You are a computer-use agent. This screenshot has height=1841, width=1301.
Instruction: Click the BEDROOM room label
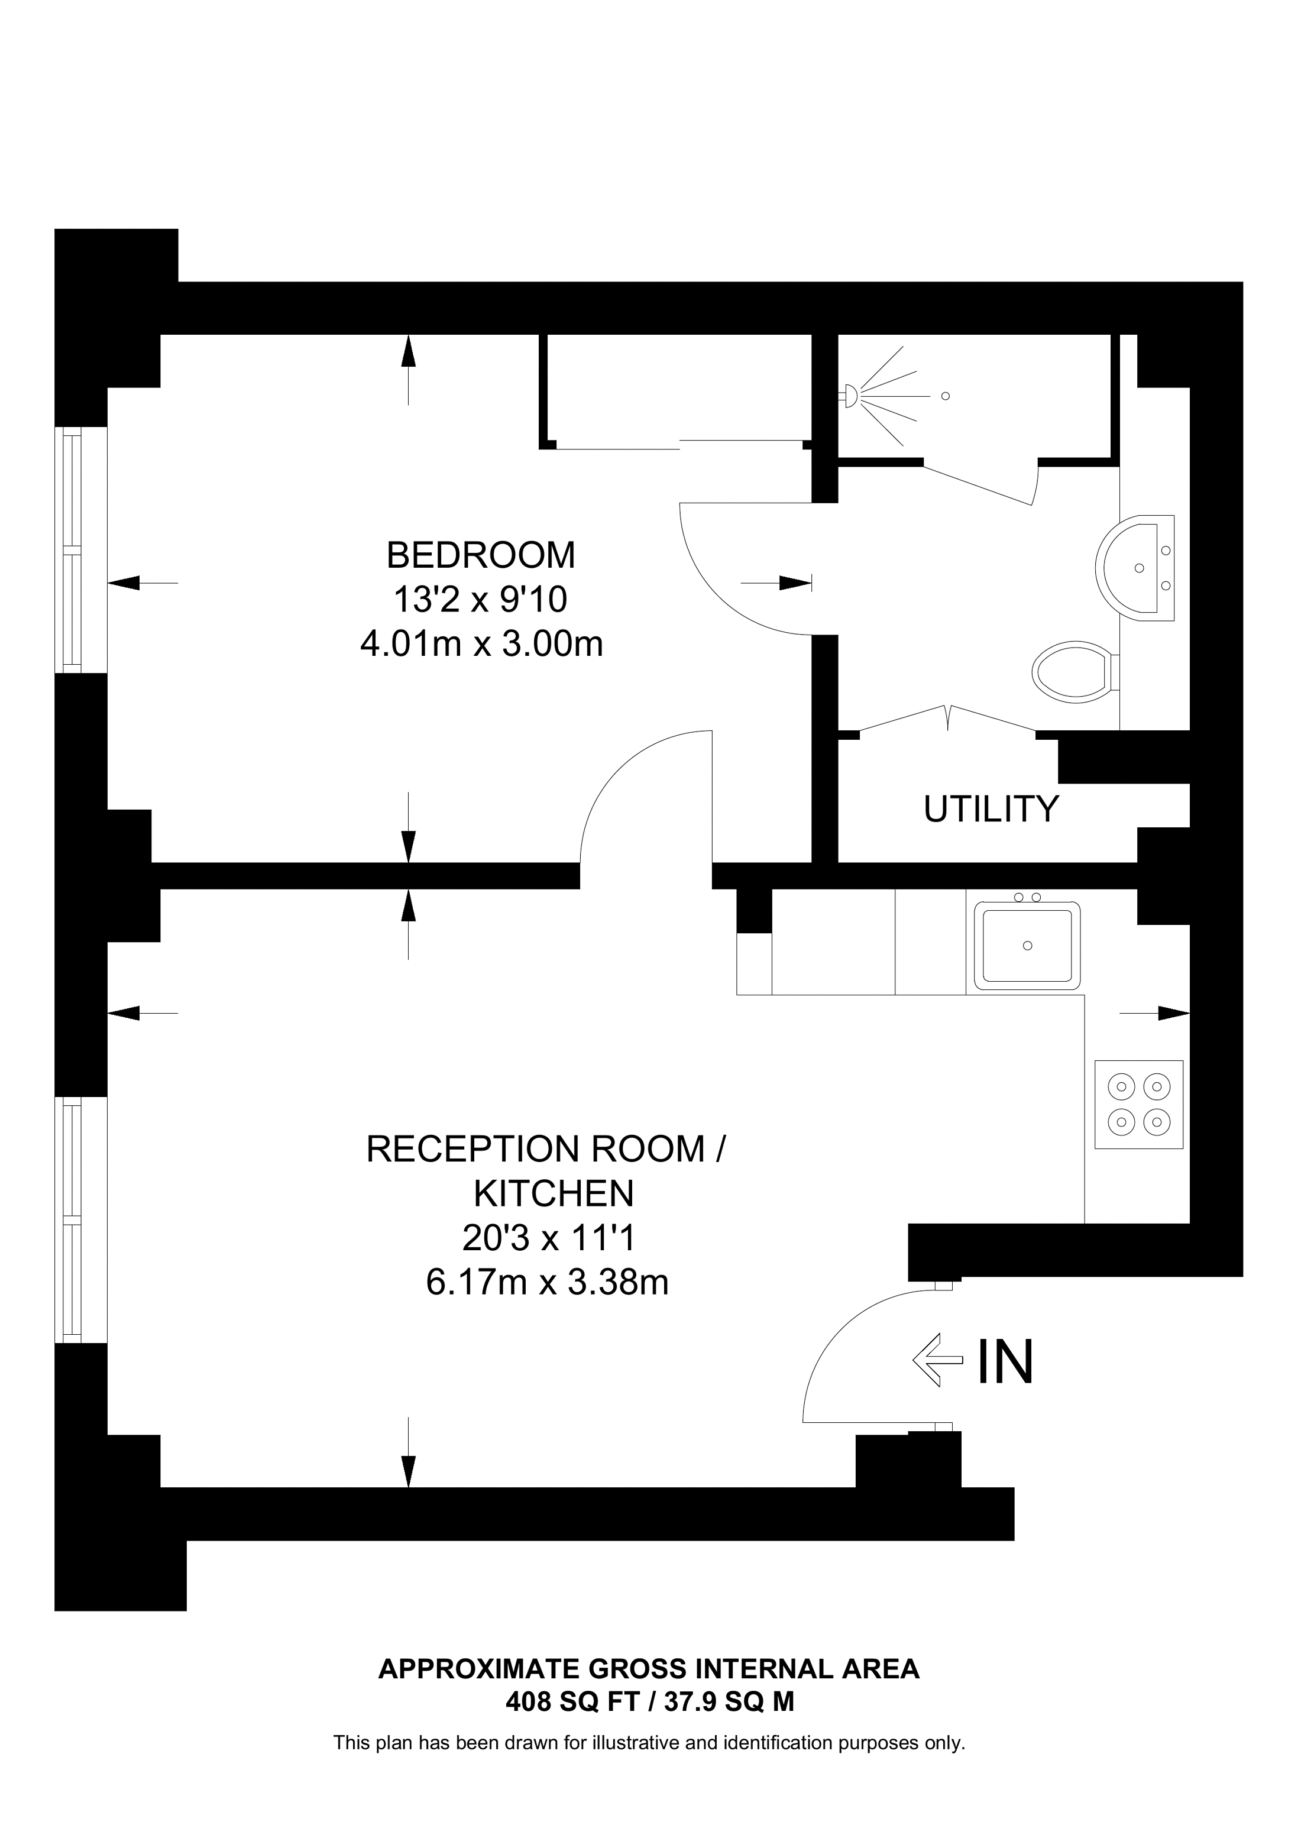pos(480,555)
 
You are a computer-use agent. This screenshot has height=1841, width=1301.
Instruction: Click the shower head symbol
pos(850,394)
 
